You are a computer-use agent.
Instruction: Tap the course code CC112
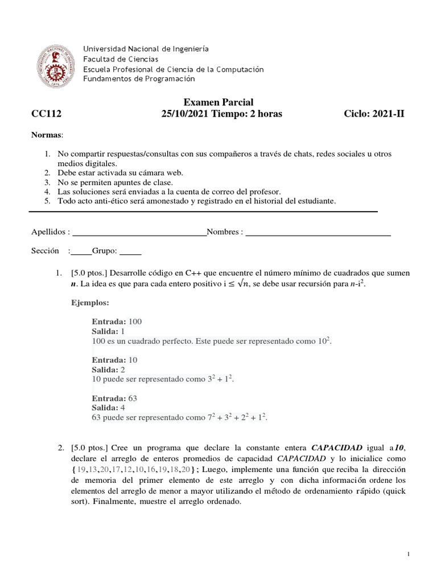tap(46, 114)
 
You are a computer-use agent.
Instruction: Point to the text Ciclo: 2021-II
tap(375, 114)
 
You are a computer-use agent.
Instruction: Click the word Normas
tap(47, 134)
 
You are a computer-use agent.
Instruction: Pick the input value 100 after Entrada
tap(135, 321)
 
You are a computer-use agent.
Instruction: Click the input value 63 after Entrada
tap(133, 399)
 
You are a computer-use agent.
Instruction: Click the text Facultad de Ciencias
tap(121, 59)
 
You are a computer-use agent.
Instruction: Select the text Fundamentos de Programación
tap(139, 79)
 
